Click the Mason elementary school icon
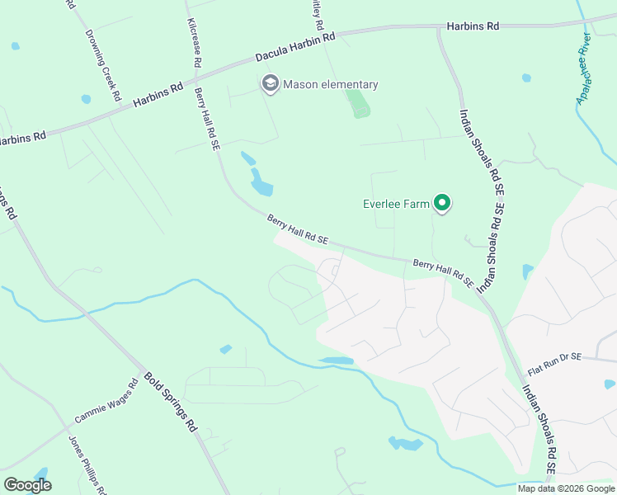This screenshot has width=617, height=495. (x=269, y=84)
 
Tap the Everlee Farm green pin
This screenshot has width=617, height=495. (x=442, y=202)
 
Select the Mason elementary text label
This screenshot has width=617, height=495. (x=330, y=84)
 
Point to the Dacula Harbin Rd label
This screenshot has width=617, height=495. (x=294, y=48)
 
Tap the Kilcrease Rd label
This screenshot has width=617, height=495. (x=195, y=43)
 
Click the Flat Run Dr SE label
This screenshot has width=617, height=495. (x=554, y=360)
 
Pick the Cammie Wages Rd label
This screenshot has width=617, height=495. (x=106, y=399)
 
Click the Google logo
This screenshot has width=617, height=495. (x=27, y=485)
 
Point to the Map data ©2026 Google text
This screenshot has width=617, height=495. (x=567, y=488)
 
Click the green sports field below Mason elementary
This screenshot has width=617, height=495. (x=358, y=103)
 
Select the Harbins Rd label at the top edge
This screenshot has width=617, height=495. (x=473, y=26)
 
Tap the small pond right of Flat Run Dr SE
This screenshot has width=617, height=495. (x=610, y=384)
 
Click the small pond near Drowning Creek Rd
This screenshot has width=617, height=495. (x=87, y=99)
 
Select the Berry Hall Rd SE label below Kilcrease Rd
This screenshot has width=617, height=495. (x=206, y=120)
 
